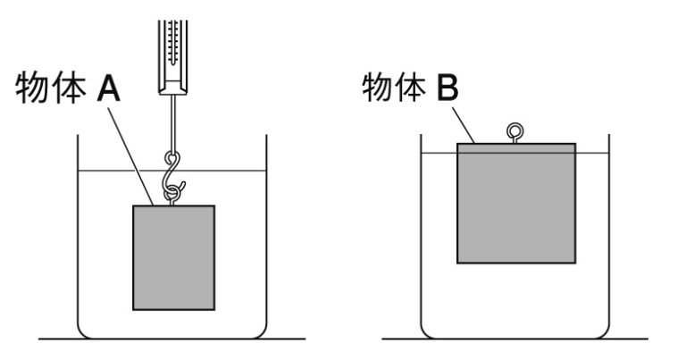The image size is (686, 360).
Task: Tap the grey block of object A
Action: [x=174, y=257]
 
